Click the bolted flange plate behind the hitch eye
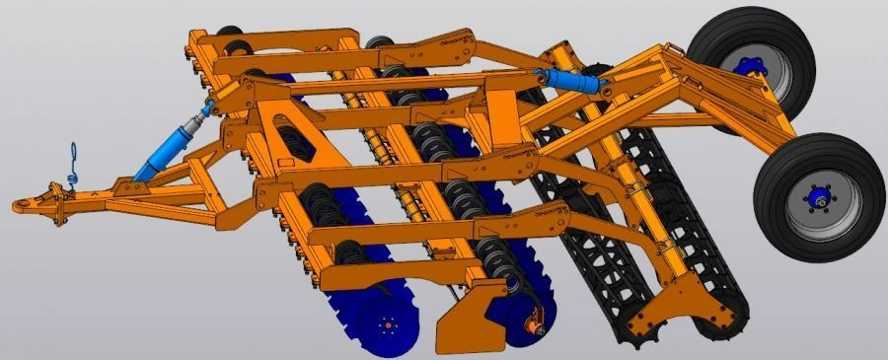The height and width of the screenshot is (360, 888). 61,205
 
